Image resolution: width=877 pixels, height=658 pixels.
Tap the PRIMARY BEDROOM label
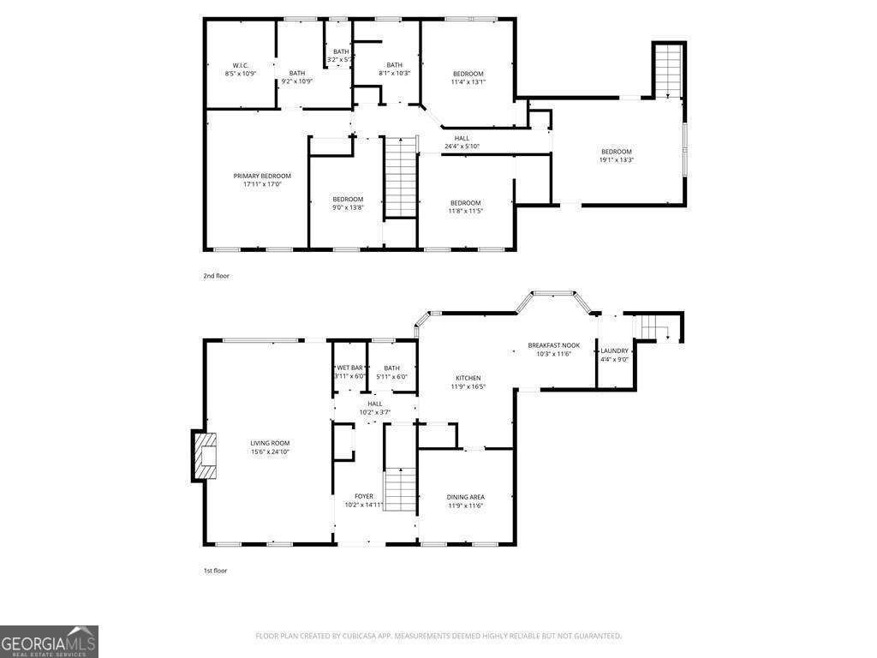pyautogui.click(x=262, y=176)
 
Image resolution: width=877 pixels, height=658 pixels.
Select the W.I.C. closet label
pyautogui.click(x=240, y=65)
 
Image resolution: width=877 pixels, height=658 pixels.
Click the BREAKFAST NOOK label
pyautogui.click(x=553, y=345)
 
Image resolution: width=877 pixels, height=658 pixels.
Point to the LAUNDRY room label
pyautogui.click(x=614, y=350)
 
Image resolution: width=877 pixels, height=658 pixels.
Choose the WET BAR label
pyautogui.click(x=349, y=368)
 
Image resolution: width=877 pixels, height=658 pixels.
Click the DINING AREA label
pyautogui.click(x=465, y=497)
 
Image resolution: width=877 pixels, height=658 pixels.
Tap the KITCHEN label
pyautogui.click(x=468, y=378)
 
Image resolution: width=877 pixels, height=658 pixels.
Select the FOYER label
pyautogui.click(x=364, y=496)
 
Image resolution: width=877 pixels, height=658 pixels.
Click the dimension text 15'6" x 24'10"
pyautogui.click(x=269, y=452)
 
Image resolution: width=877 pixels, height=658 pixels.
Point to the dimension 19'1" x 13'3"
pyautogui.click(x=616, y=159)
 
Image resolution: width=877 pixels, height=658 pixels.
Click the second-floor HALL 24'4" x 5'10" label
pyautogui.click(x=462, y=142)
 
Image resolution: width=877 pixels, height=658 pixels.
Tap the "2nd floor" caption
pyautogui.click(x=217, y=276)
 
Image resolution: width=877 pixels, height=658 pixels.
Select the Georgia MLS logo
pyautogui.click(x=49, y=642)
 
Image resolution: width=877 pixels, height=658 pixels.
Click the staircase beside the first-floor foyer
pyautogui.click(x=398, y=489)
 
